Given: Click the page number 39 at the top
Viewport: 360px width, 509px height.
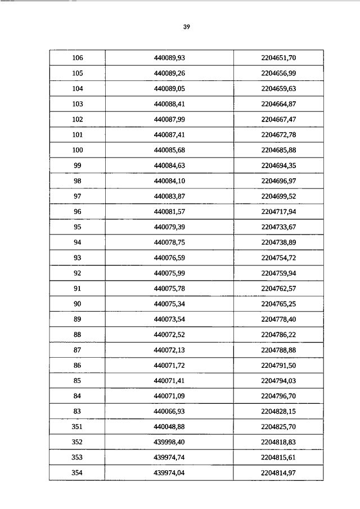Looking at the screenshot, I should click(186, 26).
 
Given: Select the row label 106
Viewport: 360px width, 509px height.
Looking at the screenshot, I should click(78, 58).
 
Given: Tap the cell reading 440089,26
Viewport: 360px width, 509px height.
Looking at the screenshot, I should click(169, 73).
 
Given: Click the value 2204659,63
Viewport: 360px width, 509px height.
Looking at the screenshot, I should click(278, 89).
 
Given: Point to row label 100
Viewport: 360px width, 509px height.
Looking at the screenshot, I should click(78, 150).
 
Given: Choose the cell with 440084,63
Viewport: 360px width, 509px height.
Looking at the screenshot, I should click(169, 165).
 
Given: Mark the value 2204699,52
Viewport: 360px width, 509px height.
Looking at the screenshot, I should click(278, 196).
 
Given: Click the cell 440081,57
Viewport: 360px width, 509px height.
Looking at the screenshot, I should click(169, 211).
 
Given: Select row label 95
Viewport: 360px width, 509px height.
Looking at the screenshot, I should click(78, 227).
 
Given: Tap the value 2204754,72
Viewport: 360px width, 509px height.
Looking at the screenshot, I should click(278, 258).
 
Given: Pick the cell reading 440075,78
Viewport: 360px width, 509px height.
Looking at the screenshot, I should click(169, 289).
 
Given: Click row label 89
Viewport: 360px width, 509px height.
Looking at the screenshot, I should click(78, 319).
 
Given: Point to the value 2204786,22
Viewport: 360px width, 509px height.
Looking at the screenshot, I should click(278, 335).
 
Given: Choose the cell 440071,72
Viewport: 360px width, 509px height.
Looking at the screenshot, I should click(169, 366).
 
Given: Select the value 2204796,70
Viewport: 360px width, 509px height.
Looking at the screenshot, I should click(278, 396).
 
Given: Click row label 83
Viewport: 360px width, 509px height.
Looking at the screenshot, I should click(78, 412).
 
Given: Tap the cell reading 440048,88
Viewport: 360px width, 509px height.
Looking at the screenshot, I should click(169, 427).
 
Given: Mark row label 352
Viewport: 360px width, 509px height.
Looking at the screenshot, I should click(78, 443).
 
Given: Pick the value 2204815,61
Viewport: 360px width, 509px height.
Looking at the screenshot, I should click(278, 458).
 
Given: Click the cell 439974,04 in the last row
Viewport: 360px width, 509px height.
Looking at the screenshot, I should click(169, 473).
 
